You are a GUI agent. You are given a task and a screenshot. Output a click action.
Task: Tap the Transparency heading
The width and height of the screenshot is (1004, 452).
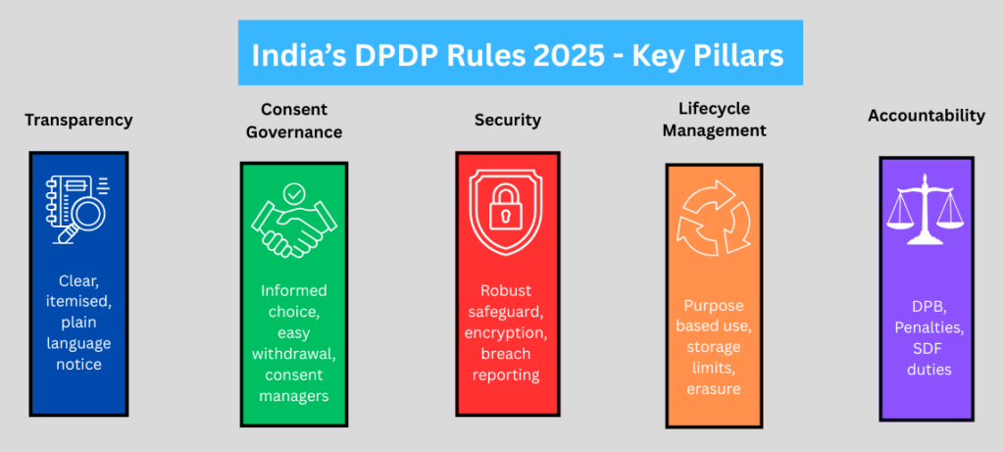(78, 121)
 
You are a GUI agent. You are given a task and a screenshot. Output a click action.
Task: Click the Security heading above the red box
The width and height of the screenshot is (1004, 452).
(507, 121)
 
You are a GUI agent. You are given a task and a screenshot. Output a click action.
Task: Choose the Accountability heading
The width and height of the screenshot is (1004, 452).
(926, 116)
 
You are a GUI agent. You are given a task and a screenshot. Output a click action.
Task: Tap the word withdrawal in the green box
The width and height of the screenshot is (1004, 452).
(294, 353)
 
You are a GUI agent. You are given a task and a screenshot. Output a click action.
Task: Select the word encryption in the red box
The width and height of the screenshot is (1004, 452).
(508, 333)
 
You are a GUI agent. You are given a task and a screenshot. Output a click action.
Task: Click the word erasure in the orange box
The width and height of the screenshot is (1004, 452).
(713, 389)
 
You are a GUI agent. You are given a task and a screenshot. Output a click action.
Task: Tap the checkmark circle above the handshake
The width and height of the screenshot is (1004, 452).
(293, 193)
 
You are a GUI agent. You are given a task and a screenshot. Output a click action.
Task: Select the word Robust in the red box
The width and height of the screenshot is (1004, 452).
(508, 290)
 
